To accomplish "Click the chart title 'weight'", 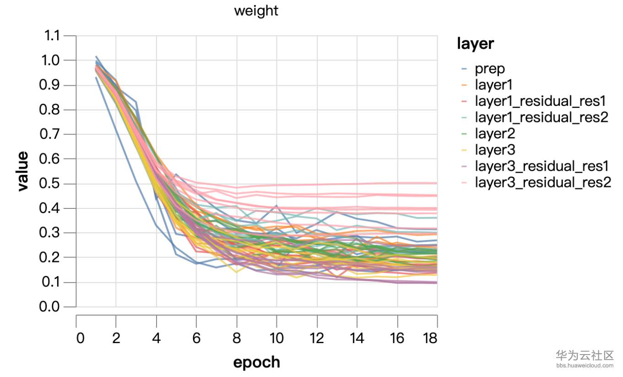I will point(256,11).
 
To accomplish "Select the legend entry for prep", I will point(490,69).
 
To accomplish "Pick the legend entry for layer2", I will point(495,134).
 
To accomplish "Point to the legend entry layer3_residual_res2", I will point(542,182).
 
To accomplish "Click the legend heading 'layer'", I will point(475,44).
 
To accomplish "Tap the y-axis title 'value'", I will point(23,171).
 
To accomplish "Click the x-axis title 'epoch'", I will point(256,362).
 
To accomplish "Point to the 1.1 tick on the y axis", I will point(53,36).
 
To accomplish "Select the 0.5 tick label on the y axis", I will point(53,184).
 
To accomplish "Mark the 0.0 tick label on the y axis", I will point(53,307).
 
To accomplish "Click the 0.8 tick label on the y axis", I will point(53,110).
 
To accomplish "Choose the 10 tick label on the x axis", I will point(276,338).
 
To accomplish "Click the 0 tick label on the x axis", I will point(80,338).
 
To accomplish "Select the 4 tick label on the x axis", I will point(157,338).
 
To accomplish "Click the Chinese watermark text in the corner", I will point(584,355).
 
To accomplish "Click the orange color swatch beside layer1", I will point(464,85).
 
